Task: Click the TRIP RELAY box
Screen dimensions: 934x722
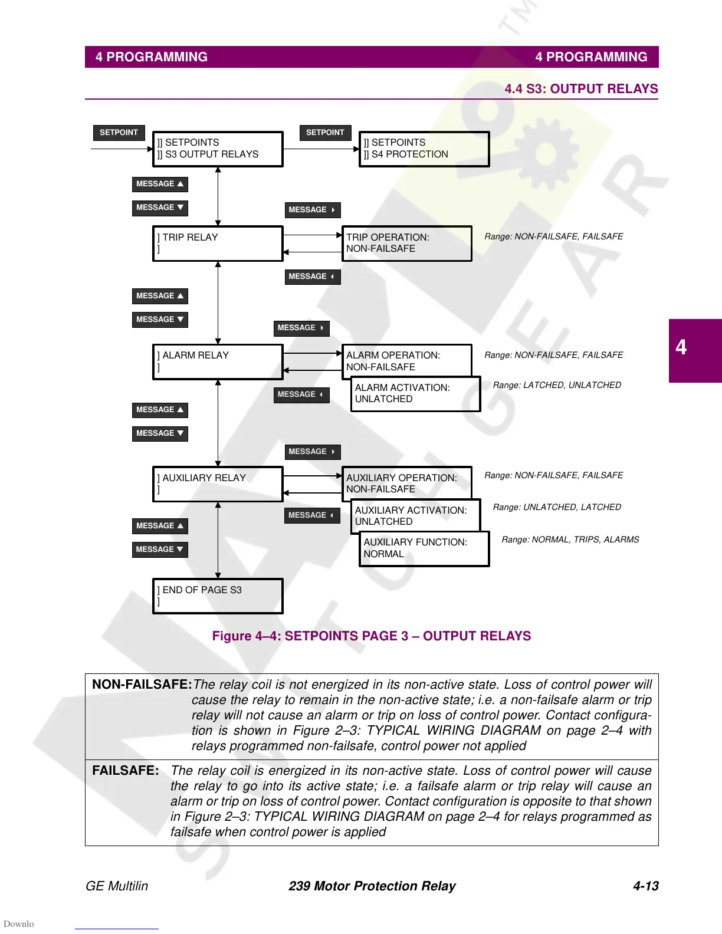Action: tap(218, 244)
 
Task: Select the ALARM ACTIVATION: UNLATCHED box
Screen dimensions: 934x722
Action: tap(415, 394)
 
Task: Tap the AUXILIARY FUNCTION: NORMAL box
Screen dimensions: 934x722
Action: tap(424, 548)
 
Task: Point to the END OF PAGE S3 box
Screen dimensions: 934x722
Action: tap(218, 596)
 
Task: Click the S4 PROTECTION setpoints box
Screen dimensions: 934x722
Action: tap(424, 149)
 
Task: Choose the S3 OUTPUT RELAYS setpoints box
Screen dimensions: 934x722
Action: tap(218, 149)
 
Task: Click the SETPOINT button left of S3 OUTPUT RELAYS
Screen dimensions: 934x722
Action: tap(119, 133)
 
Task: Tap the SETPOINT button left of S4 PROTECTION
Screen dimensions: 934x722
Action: tap(325, 133)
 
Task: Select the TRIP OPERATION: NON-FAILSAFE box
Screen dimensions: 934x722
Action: tap(407, 244)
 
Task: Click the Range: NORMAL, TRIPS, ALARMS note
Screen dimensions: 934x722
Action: tap(570, 540)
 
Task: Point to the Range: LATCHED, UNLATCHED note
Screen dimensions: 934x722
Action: tap(557, 385)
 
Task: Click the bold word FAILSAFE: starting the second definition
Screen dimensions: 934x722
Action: tap(126, 771)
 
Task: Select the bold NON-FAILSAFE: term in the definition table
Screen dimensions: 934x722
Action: tap(142, 685)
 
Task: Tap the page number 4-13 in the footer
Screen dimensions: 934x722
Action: tap(645, 886)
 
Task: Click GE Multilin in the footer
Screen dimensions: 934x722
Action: tap(117, 886)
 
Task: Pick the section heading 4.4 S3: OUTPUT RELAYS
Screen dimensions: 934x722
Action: tap(581, 89)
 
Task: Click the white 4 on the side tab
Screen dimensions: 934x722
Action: tap(681, 347)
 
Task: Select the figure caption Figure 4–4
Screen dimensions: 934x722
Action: tap(372, 636)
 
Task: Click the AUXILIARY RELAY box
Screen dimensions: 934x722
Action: tap(218, 484)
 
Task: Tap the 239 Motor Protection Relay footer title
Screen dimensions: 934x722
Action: tap(372, 886)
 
